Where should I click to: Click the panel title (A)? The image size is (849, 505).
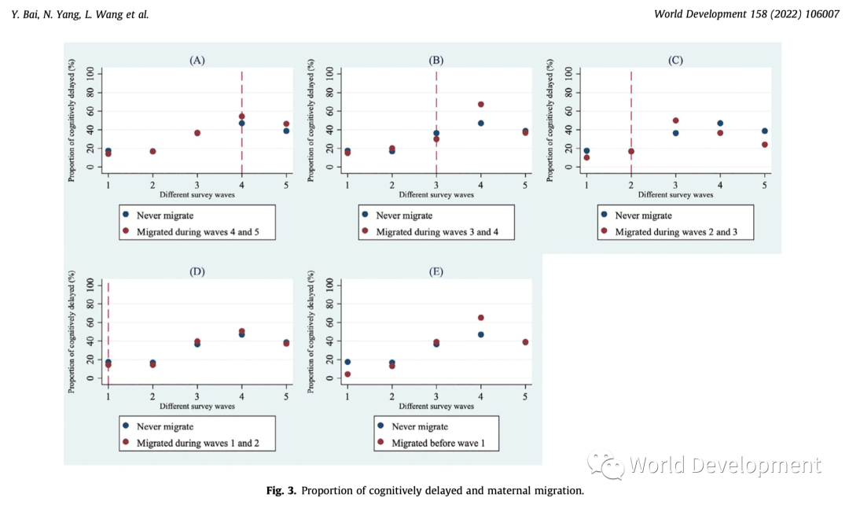[197, 61]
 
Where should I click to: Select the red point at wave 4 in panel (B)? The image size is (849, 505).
[480, 105]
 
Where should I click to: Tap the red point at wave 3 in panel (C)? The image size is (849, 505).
[675, 121]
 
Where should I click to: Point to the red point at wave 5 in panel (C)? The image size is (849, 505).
[764, 145]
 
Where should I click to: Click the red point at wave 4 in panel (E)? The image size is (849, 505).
[480, 318]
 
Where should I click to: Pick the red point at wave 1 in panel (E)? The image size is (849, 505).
[347, 374]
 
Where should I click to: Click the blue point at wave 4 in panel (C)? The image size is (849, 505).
[720, 123]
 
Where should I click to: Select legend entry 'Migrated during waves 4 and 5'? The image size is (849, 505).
[198, 231]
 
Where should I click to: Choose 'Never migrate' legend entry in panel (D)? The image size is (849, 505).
[165, 426]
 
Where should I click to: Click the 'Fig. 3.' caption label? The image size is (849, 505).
[281, 491]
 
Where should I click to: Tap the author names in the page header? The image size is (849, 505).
[80, 15]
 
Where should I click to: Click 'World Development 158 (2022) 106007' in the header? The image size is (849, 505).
[745, 15]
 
